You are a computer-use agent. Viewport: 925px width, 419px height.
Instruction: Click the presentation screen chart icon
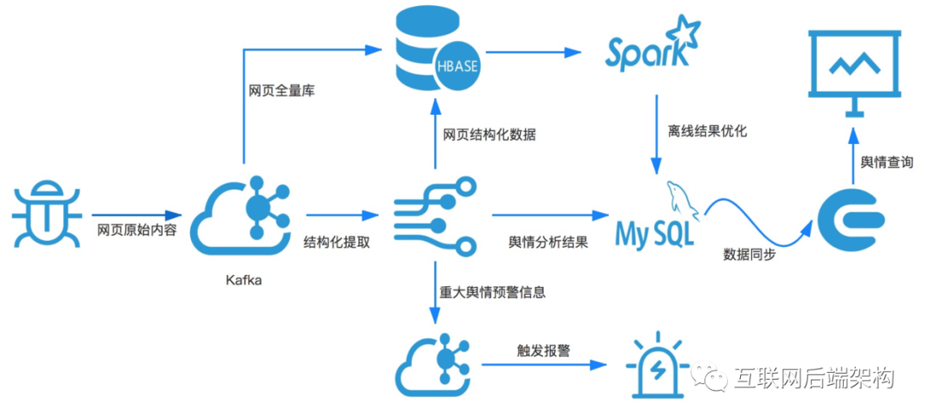tap(853, 72)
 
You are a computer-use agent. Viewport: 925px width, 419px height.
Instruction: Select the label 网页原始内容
tap(137, 230)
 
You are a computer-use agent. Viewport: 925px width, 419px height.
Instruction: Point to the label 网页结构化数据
tap(490, 135)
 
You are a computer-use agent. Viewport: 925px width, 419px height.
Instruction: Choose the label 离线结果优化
tap(707, 132)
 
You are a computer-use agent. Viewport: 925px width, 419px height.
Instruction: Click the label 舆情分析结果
tap(548, 242)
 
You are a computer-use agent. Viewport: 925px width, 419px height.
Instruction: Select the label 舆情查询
tap(886, 162)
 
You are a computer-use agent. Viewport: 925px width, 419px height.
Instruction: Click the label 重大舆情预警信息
tap(492, 292)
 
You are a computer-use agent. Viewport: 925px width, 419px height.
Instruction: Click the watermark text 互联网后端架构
tap(813, 378)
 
